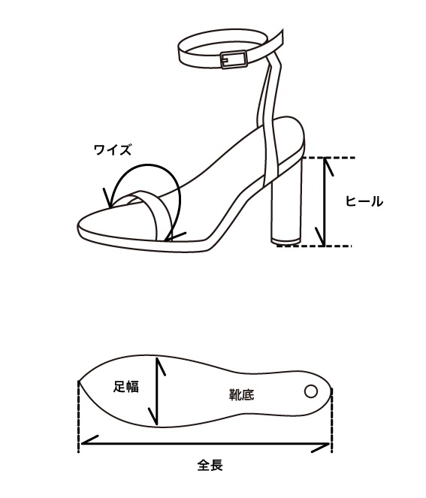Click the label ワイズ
pos(113,149)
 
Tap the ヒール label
pos(364,201)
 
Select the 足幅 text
pos(126,387)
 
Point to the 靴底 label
pos(242,394)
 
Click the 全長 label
pos(210,465)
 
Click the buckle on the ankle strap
pos(234,59)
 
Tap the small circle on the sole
pos(311,391)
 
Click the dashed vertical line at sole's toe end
pos(78,416)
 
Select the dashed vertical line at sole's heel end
pos(331,420)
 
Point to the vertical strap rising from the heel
pos(270,117)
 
